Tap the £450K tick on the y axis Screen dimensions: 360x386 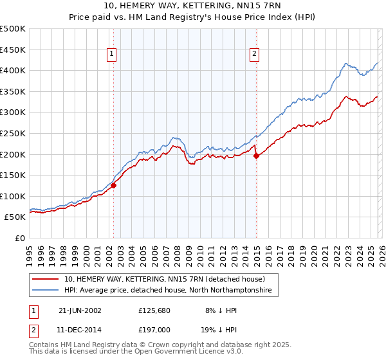click(x=13, y=50)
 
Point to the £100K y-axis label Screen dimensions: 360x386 click(x=13, y=196)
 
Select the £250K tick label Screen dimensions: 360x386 click(x=13, y=133)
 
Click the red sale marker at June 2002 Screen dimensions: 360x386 click(x=114, y=185)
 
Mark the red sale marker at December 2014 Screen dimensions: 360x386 click(x=256, y=155)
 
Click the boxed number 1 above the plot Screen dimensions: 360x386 click(x=113, y=55)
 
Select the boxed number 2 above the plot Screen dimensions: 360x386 click(x=255, y=55)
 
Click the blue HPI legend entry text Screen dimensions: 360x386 click(x=168, y=291)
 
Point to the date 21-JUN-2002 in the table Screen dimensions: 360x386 click(x=80, y=310)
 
